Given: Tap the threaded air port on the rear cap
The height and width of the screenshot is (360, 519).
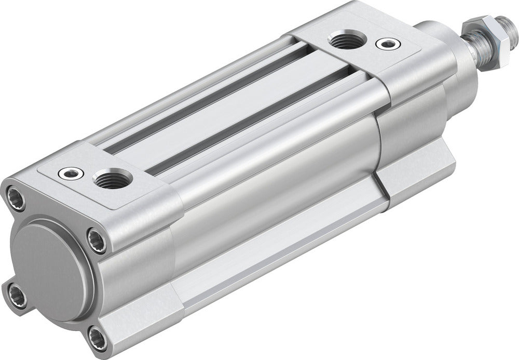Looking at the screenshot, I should (112, 179).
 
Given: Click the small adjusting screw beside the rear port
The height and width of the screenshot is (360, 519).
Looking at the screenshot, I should (71, 172).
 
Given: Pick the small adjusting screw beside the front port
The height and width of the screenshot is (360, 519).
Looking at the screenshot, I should (385, 44).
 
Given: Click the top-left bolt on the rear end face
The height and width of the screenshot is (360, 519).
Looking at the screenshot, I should (14, 196).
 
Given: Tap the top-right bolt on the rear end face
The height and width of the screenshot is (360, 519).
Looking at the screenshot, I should (97, 241).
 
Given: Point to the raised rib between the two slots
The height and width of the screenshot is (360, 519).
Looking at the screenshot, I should (228, 112).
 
